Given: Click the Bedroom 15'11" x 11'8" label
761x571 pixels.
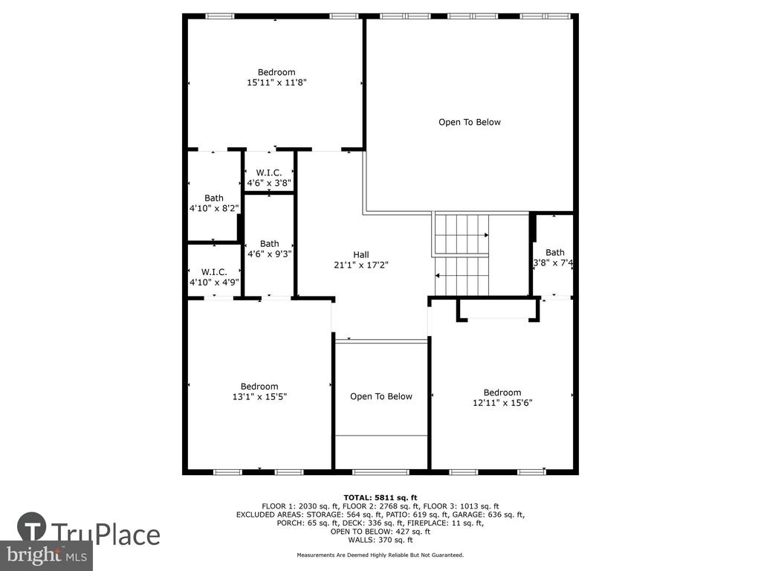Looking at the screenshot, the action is click(276, 77).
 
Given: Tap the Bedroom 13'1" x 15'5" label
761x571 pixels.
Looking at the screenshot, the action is click(259, 391).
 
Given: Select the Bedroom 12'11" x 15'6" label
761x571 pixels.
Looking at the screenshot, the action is click(502, 397).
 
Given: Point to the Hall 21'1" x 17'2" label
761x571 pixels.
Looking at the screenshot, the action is click(361, 259).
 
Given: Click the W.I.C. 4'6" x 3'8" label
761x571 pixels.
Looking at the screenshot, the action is click(269, 178).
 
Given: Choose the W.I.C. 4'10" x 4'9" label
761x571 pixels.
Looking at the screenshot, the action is click(214, 277).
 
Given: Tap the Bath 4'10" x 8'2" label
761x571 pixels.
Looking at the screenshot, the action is click(214, 203).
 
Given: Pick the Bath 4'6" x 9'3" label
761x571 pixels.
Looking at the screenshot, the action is click(269, 248).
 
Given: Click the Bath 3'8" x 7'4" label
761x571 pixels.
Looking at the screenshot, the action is click(554, 257).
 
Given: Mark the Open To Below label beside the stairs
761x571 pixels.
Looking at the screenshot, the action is click(470, 122).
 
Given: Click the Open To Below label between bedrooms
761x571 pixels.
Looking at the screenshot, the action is click(381, 396).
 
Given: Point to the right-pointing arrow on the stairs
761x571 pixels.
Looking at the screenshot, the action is click(462, 235).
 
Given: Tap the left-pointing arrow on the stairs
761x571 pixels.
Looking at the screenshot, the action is click(462, 275).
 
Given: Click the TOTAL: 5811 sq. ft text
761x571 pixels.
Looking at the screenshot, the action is click(380, 497).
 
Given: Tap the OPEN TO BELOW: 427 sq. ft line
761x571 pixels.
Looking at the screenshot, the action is click(380, 531).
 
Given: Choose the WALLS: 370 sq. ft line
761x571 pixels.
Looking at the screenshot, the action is click(380, 540).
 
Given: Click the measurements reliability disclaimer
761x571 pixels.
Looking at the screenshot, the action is click(380, 555).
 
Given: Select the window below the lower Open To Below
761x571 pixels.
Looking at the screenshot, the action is click(381, 472).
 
